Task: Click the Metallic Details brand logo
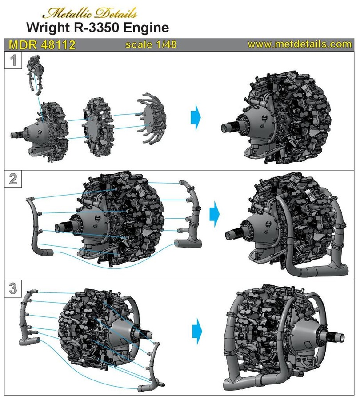[93, 12]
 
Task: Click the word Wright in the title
[48, 28]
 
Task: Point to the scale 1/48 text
[150, 45]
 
